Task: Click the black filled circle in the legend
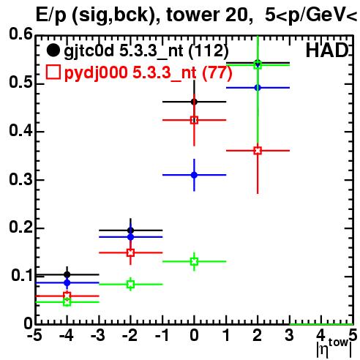[x=53, y=50]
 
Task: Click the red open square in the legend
[x=53, y=72]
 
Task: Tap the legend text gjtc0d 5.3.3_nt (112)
[x=146, y=51]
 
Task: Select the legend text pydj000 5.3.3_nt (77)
[x=149, y=73]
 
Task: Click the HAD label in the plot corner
[x=327, y=50]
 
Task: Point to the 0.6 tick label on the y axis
[x=20, y=34]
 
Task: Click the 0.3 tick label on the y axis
[x=20, y=179]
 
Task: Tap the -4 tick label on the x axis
[x=67, y=335]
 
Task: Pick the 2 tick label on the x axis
[x=258, y=335]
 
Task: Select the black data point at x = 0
[x=194, y=102]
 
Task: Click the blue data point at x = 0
[x=194, y=175]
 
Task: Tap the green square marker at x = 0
[x=194, y=261]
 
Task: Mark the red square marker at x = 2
[x=258, y=151]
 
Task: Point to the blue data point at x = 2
[x=258, y=88]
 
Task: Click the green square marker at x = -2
[x=131, y=284]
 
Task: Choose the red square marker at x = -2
[x=131, y=252]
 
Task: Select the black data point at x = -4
[x=67, y=274]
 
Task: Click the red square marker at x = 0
[x=194, y=120]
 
